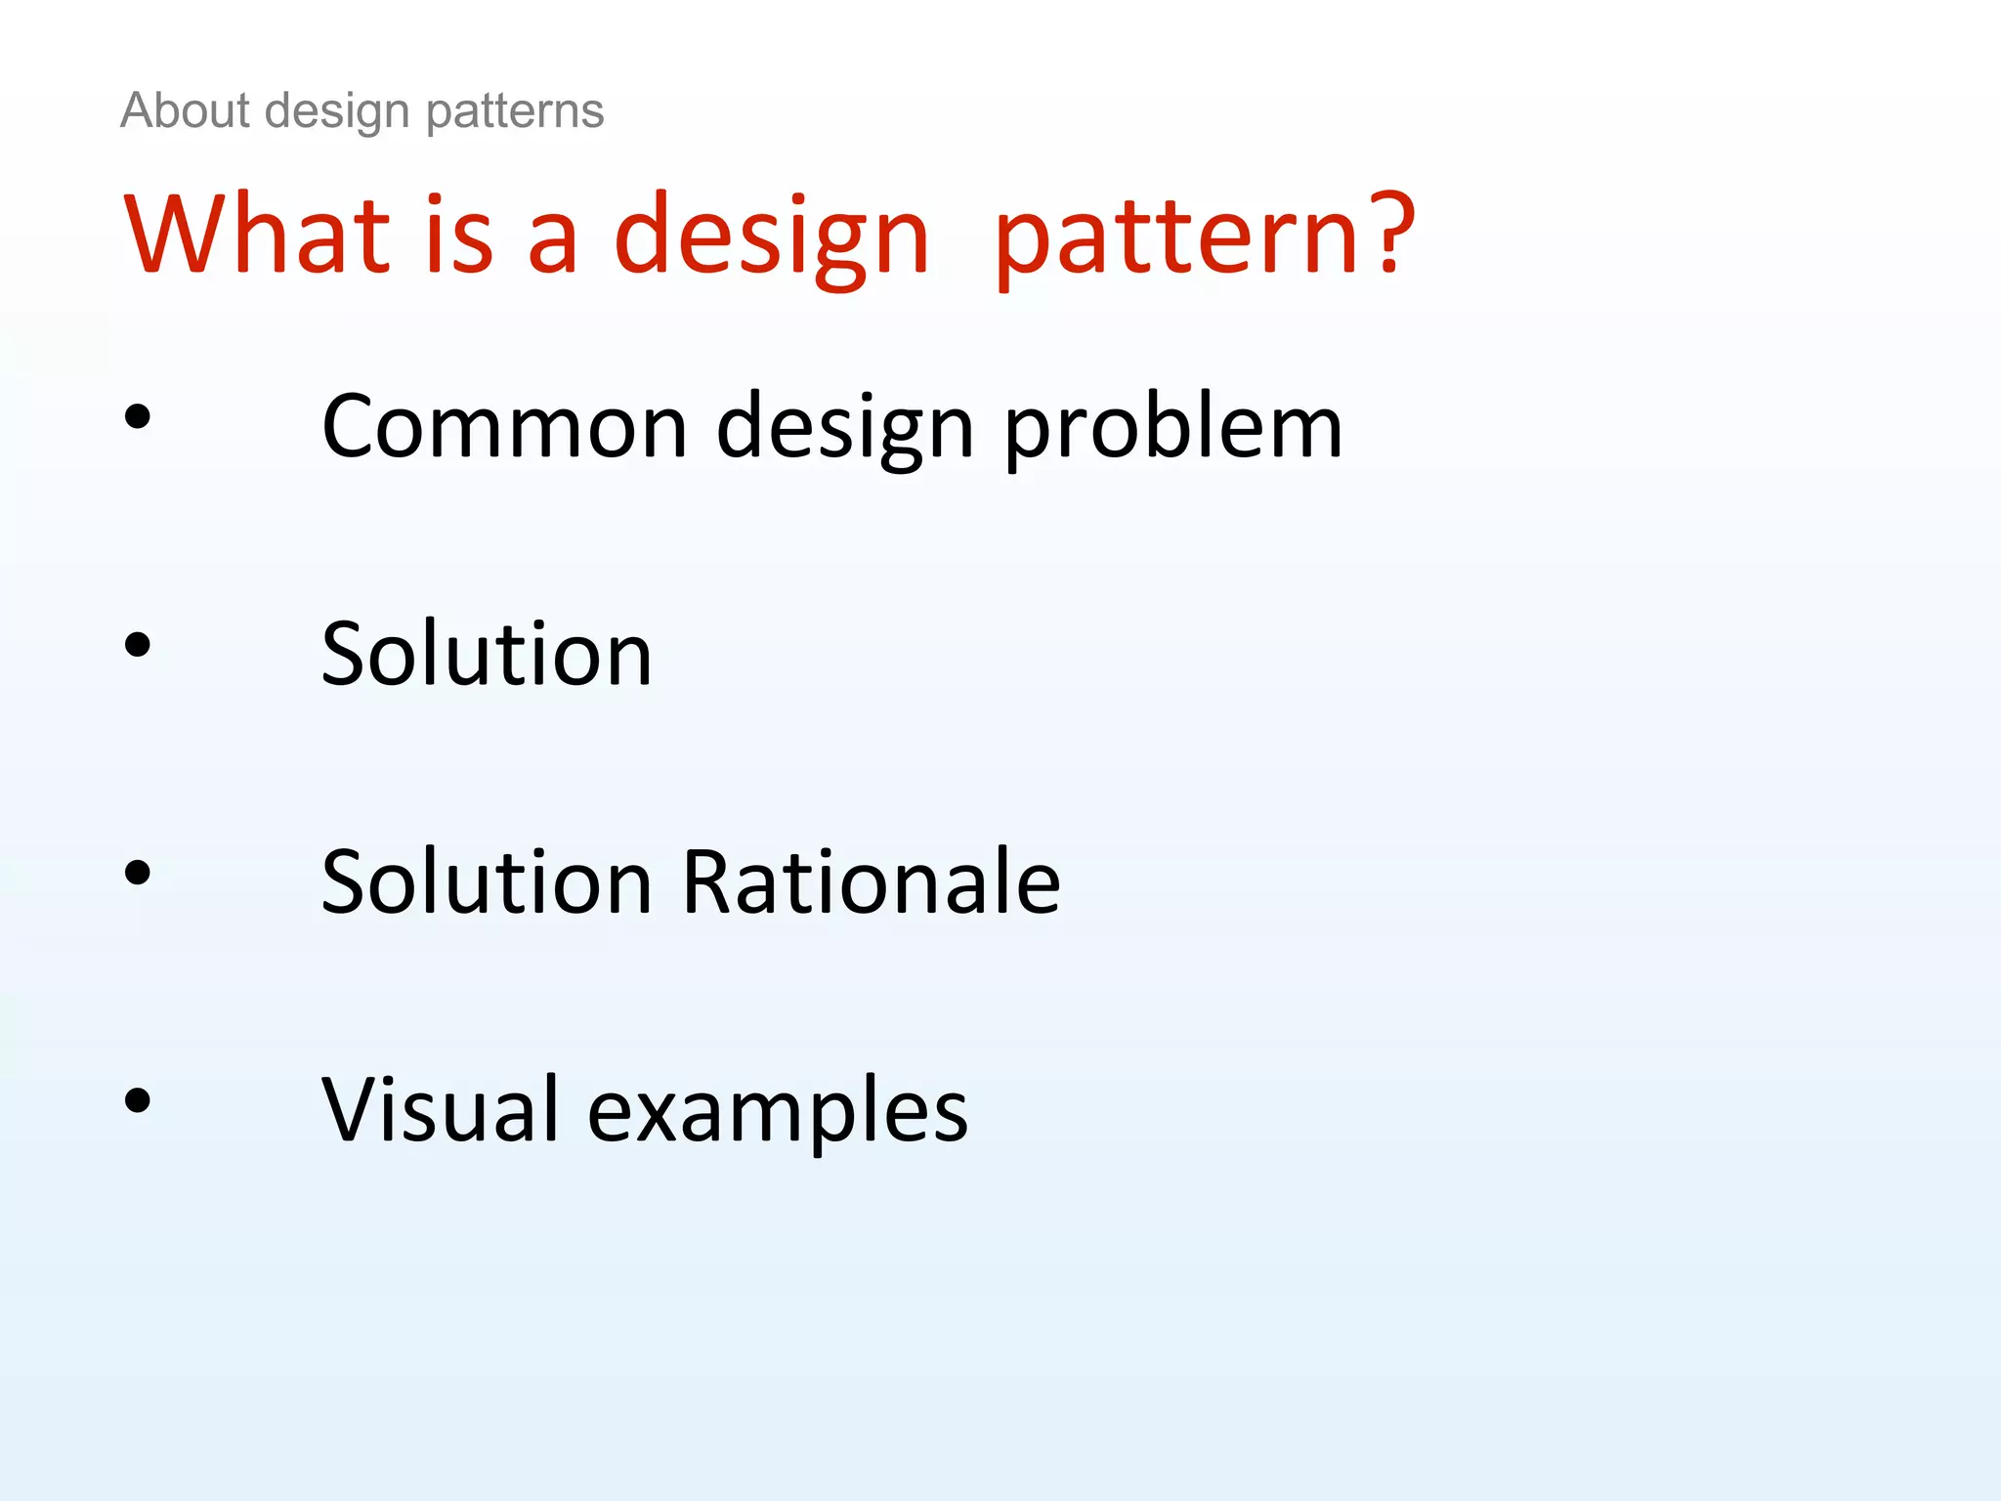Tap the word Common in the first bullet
pos(504,427)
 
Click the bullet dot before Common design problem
pos(138,417)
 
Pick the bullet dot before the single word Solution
pos(138,645)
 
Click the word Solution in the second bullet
pos(486,655)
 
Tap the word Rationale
pos(871,882)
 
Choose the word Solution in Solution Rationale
pos(486,882)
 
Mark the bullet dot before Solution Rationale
pos(138,873)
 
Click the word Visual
pos(440,1110)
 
